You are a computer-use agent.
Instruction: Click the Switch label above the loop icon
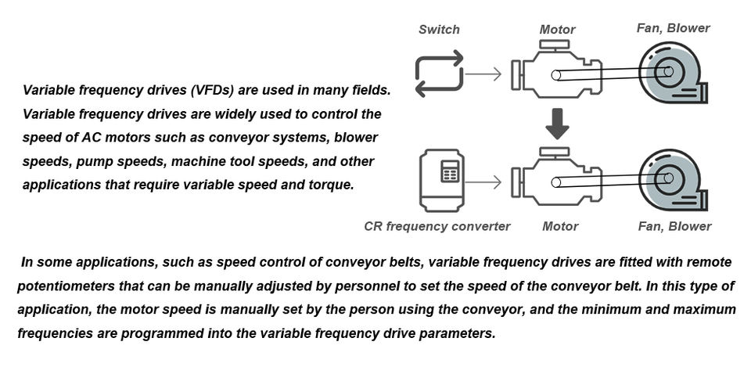click(439, 30)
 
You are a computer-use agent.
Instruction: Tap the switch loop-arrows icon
click(439, 74)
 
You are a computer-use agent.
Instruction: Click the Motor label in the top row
click(557, 30)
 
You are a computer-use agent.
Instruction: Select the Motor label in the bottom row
click(560, 226)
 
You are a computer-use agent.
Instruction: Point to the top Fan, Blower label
click(673, 28)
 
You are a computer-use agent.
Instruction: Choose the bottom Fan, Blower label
click(674, 226)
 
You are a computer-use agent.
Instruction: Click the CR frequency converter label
click(437, 226)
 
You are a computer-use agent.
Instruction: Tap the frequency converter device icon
click(442, 180)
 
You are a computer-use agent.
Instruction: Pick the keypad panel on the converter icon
click(449, 171)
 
